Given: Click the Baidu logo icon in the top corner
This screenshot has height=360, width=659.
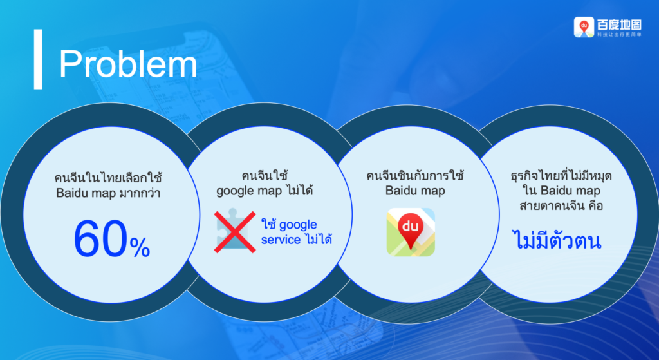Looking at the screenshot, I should [x=584, y=27].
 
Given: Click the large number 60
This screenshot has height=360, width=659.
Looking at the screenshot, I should [x=101, y=238].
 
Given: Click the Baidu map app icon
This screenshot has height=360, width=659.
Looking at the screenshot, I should [x=411, y=232].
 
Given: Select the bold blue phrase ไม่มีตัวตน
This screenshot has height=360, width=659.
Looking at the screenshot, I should [x=557, y=242].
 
